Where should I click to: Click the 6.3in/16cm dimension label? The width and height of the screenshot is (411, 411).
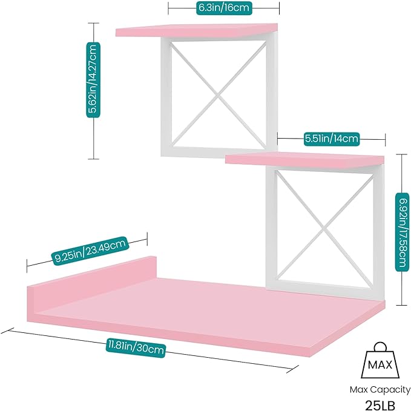(224, 8)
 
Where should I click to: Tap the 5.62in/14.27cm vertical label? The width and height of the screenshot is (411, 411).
(93, 80)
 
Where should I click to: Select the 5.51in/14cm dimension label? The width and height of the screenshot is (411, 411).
(331, 139)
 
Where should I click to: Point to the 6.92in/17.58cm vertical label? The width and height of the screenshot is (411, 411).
(402, 232)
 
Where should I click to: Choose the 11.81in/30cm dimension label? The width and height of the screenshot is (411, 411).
(136, 348)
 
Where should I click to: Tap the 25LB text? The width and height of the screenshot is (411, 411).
(380, 405)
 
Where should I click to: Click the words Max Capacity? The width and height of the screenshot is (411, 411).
(380, 390)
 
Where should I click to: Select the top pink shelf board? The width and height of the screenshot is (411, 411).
(197, 30)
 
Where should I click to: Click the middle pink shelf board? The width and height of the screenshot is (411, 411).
(304, 159)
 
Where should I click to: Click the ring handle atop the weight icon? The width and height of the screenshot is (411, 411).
(380, 347)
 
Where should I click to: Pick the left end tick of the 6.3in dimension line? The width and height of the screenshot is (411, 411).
(168, 8)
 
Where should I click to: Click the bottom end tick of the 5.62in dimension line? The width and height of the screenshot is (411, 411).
(94, 159)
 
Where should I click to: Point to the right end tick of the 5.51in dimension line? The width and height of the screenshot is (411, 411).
(385, 139)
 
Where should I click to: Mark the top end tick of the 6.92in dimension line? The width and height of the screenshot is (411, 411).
(401, 154)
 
